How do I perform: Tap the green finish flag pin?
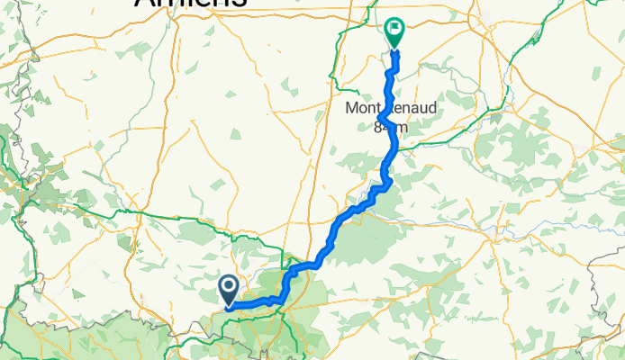394,31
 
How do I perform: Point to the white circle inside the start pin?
228,286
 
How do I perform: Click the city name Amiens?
191,3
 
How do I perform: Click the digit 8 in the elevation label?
378,128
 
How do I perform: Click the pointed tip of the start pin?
228,306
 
